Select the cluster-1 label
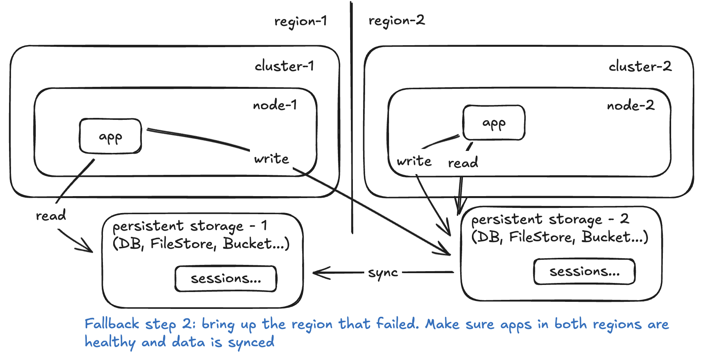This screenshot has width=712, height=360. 284,66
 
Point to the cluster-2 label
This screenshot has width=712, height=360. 640,66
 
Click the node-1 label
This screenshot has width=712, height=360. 275,105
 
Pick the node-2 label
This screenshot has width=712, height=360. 631,105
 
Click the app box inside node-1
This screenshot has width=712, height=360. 110,136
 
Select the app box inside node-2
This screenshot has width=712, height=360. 494,123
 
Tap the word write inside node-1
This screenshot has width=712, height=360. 272,159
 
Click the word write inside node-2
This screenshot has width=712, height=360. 414,161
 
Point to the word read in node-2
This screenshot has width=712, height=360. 463,163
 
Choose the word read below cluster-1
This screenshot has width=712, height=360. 51,215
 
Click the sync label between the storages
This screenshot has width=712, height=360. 383,273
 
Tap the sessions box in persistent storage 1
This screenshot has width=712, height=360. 226,279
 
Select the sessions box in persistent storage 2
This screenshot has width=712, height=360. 584,272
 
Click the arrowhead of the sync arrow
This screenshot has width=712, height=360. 317,273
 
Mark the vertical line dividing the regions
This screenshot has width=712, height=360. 352,118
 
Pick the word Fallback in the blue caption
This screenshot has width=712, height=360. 112,324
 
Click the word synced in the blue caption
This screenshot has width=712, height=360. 251,342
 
